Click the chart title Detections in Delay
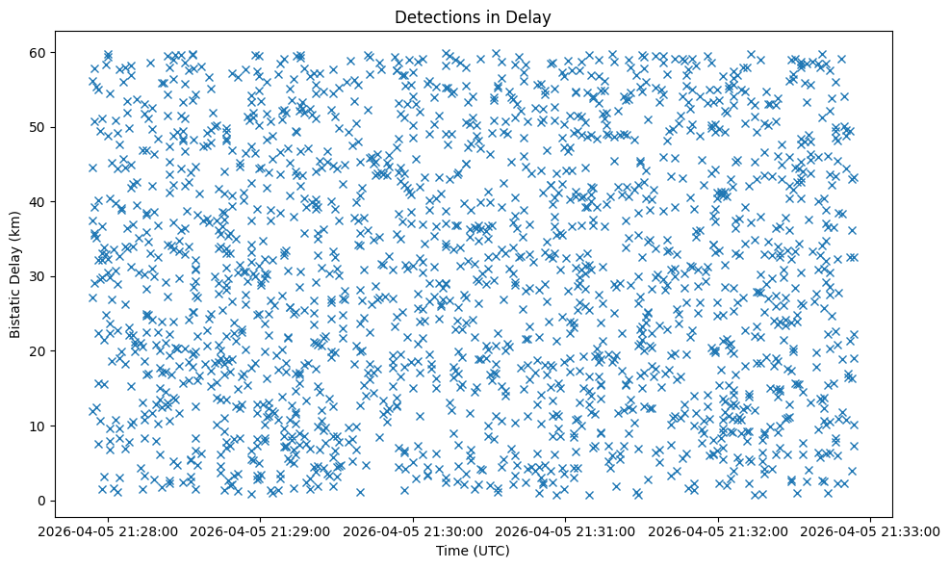473,16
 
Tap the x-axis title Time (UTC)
473,552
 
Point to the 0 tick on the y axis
43,501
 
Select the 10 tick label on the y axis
39,426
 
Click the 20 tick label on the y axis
39,351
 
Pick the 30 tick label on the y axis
39,276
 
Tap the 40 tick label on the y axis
39,201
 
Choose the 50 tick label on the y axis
39,127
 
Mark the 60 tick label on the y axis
39,52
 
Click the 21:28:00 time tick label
107,530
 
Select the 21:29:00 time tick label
260,530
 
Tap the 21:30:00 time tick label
413,530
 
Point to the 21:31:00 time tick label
565,530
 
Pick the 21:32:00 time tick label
718,530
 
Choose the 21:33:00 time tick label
871,530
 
